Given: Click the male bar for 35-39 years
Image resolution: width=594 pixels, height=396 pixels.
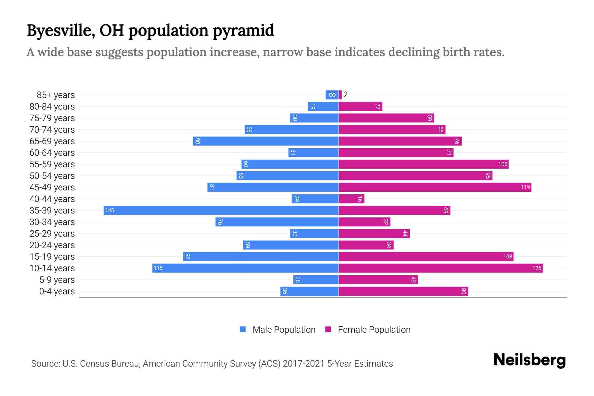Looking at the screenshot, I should (x=221, y=210).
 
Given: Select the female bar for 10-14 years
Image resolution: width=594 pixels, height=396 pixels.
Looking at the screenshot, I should (x=441, y=268).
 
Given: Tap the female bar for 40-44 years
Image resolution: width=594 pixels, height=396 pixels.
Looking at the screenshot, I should (x=351, y=199).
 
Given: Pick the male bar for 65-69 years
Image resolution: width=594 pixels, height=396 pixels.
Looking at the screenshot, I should (x=266, y=141).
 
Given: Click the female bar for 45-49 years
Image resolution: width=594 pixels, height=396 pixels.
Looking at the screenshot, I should (x=435, y=187).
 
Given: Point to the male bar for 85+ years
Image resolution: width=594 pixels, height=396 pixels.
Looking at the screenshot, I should (x=332, y=95).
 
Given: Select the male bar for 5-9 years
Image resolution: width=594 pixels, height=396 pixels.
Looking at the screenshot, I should (x=316, y=280).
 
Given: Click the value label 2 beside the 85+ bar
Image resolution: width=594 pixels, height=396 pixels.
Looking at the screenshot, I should (x=346, y=95).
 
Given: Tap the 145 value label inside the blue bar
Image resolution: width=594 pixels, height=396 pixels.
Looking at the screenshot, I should (x=110, y=210).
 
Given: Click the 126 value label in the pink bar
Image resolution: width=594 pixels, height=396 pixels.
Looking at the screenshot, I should (x=537, y=268).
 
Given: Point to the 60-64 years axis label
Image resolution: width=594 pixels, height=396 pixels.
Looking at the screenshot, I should (x=52, y=152).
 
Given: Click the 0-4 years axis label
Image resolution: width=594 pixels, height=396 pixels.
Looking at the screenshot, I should (x=57, y=291).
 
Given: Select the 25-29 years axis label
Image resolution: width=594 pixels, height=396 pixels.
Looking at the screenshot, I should (x=52, y=233).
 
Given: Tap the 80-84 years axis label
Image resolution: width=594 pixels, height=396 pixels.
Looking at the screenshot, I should (x=52, y=106).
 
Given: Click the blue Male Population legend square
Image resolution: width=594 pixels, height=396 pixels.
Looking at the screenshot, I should (x=243, y=329).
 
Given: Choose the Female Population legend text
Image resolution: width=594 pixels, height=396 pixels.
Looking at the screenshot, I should (x=374, y=329).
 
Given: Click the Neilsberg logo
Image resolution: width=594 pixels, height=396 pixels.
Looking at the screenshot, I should (x=529, y=360).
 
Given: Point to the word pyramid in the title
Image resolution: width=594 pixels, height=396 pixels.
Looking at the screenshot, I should (x=243, y=30).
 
